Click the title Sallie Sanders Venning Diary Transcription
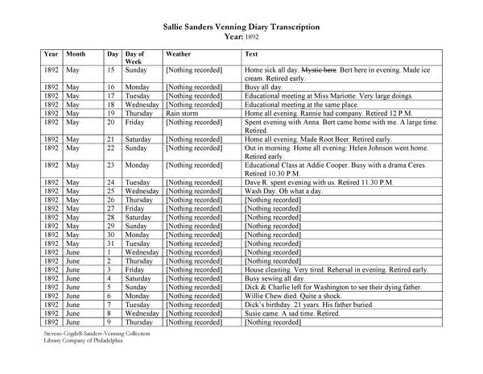[x=241, y=27]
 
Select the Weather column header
[x=179, y=53]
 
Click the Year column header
[x=52, y=53]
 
